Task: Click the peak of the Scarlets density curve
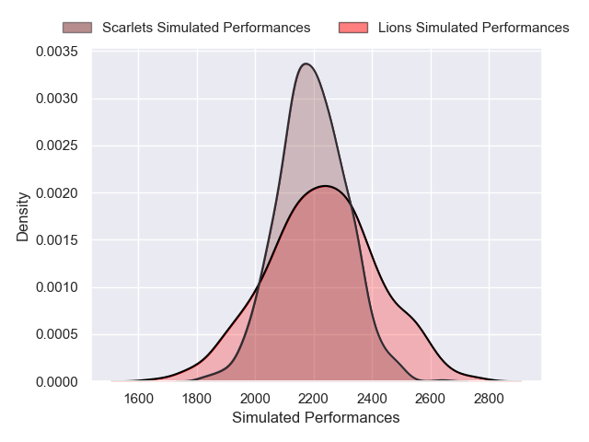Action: click(x=306, y=64)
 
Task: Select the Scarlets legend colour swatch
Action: click(x=78, y=28)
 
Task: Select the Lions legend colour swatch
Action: click(x=353, y=28)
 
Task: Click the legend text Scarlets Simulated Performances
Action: click(x=206, y=28)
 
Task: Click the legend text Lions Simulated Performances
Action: click(x=474, y=28)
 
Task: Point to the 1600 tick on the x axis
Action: click(x=138, y=398)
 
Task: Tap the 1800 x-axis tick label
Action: click(x=196, y=398)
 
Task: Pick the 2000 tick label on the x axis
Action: click(x=255, y=398)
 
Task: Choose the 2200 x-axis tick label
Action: click(x=313, y=398)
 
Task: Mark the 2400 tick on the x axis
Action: click(x=372, y=398)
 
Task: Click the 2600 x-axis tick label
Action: click(x=430, y=398)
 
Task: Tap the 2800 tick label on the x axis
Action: click(x=489, y=398)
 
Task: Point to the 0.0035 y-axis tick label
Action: click(x=57, y=52)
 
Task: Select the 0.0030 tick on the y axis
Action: click(x=57, y=99)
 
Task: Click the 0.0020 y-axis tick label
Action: click(x=57, y=192)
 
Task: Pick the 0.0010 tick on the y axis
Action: click(x=57, y=287)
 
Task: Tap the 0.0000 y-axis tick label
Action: click(x=57, y=381)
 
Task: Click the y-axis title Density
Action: click(x=23, y=216)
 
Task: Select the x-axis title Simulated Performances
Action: click(x=316, y=418)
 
